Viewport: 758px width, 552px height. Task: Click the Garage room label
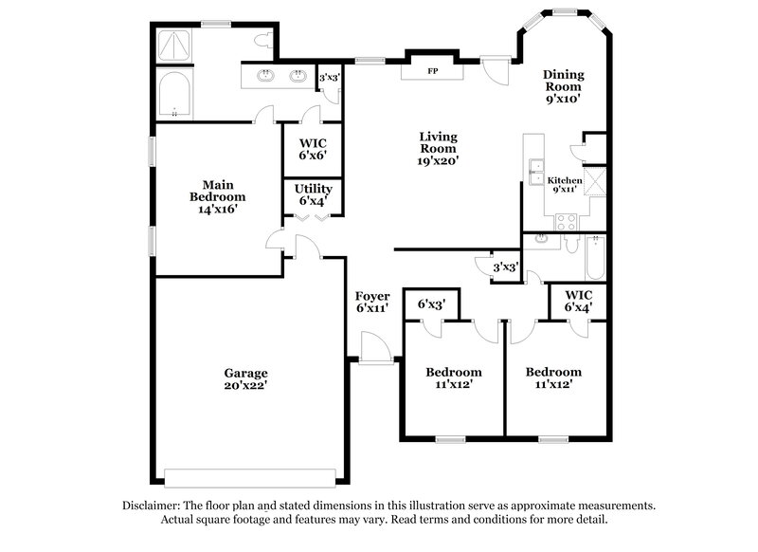245,379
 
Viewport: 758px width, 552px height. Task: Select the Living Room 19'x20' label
439,149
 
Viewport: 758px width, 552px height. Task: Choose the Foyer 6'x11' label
372,303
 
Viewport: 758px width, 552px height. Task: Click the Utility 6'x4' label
313,194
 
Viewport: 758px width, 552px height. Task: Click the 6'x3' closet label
431,304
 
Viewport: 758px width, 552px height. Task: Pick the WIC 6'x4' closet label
579,301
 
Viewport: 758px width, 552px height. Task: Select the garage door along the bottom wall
250,476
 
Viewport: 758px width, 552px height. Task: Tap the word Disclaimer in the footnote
152,506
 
